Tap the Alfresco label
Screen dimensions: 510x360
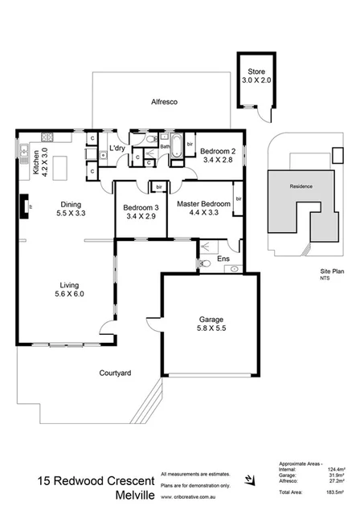coord(164,103)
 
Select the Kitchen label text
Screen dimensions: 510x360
coord(36,161)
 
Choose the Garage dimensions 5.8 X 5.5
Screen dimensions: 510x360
coord(211,329)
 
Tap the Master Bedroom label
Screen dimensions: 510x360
coord(204,205)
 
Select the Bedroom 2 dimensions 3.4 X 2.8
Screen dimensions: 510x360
coord(217,161)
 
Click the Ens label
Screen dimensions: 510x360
coord(223,259)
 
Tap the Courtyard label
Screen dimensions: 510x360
coord(115,373)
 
